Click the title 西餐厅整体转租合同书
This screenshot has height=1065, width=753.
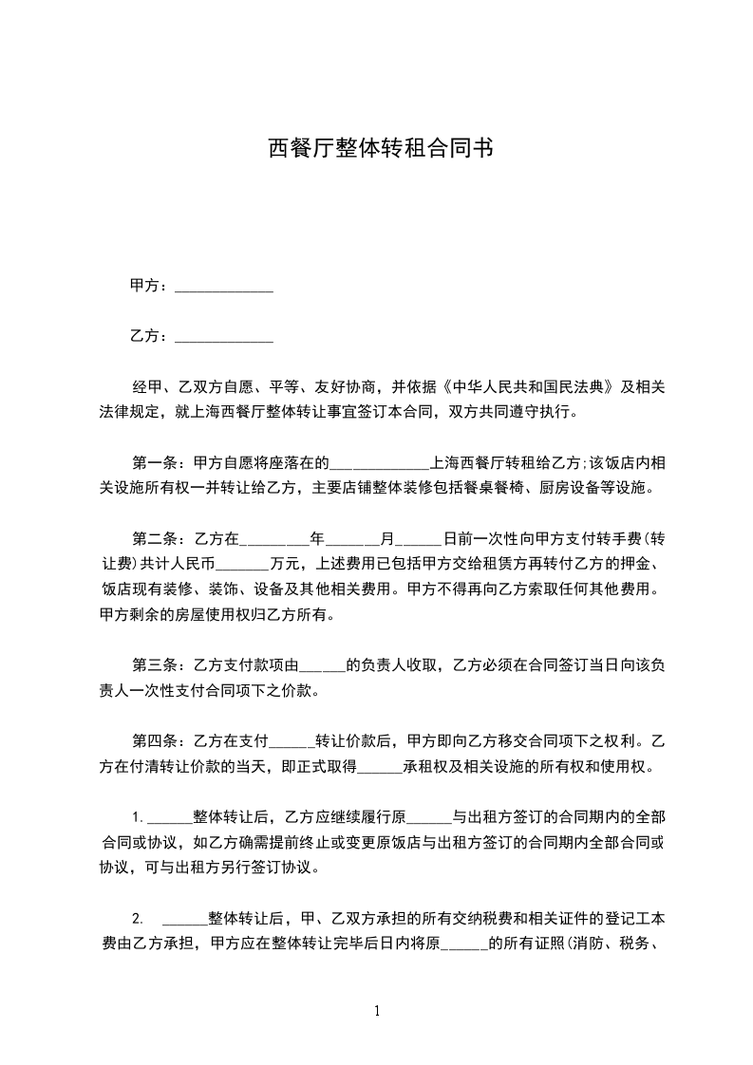[377, 148]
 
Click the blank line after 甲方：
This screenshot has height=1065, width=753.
[225, 286]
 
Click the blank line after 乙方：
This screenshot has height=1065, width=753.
[225, 336]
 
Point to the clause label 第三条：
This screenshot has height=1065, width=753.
[162, 663]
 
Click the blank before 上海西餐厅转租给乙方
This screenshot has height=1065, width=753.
[379, 464]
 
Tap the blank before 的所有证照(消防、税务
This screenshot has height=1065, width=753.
[465, 944]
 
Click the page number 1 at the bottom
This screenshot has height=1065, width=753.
[377, 1011]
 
